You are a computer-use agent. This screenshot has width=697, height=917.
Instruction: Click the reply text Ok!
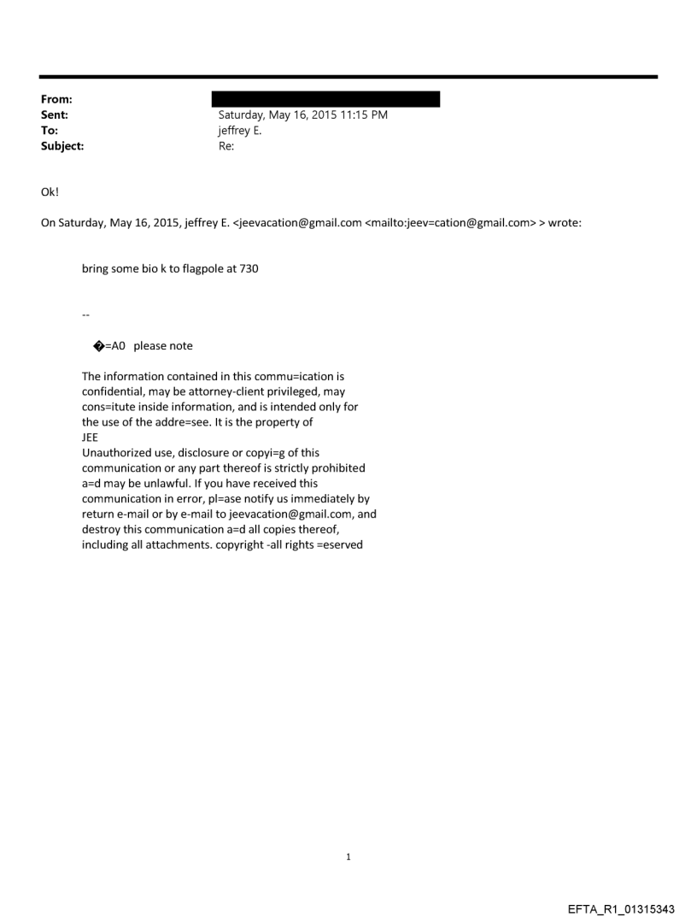pyautogui.click(x=49, y=191)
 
